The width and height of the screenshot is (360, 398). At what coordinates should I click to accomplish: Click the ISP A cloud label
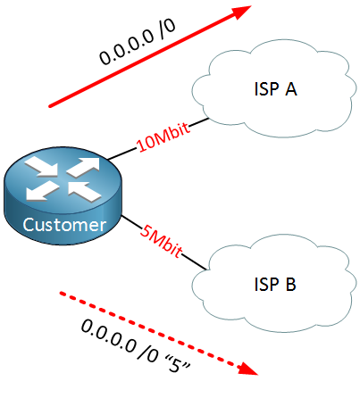tap(275, 88)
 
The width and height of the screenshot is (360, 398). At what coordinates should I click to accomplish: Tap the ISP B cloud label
tap(275, 284)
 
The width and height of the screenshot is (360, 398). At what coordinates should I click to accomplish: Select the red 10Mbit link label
tap(163, 137)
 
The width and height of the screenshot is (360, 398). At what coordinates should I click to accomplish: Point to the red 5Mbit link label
tap(161, 241)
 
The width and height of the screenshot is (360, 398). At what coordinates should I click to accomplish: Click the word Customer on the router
tap(64, 225)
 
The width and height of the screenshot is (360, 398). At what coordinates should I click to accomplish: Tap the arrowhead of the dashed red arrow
tap(247, 369)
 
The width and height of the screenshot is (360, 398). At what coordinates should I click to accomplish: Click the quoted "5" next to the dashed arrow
tap(177, 363)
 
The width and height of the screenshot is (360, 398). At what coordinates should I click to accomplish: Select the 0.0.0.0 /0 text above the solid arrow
tap(138, 42)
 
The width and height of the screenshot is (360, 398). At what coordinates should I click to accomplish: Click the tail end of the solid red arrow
tap(50, 106)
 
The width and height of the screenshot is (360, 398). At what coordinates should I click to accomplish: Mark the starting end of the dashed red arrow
tap(61, 294)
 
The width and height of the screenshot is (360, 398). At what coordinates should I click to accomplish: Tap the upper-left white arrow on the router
tap(41, 167)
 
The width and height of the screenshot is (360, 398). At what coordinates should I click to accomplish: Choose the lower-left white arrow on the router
tap(42, 191)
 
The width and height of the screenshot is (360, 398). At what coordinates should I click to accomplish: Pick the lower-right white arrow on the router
tap(85, 191)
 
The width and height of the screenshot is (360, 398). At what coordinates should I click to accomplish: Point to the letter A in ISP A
tap(291, 88)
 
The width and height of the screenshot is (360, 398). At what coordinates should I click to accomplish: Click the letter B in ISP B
tap(291, 284)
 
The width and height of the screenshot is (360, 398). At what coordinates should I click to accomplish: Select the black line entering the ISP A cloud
tap(199, 122)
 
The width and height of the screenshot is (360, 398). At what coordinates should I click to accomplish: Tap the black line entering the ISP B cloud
tap(194, 262)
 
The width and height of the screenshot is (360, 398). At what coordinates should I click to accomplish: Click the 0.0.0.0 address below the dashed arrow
tap(108, 336)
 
